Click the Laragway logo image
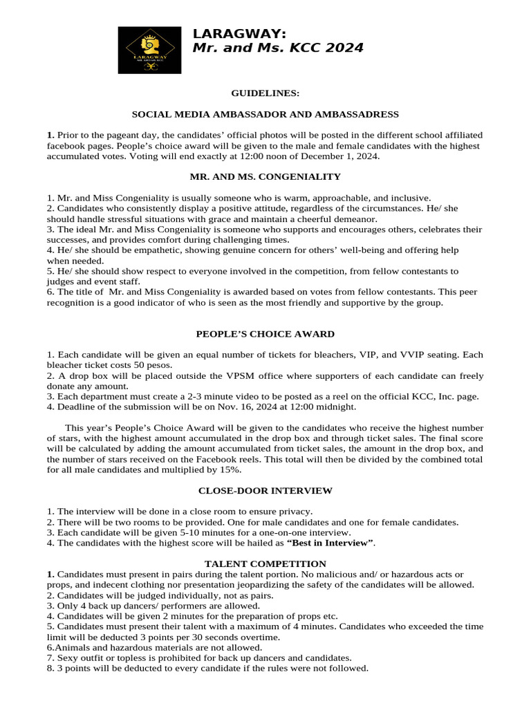tap(149, 50)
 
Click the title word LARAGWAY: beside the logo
tap(239, 34)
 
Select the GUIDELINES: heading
tap(265, 93)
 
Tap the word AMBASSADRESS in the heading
tap(363, 114)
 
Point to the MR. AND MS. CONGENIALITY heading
tap(265, 177)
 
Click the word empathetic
tap(131, 250)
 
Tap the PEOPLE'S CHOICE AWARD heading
tap(265, 334)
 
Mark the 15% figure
tap(229, 469)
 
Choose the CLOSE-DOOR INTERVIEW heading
tap(265, 491)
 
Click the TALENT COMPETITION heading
tap(265, 564)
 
